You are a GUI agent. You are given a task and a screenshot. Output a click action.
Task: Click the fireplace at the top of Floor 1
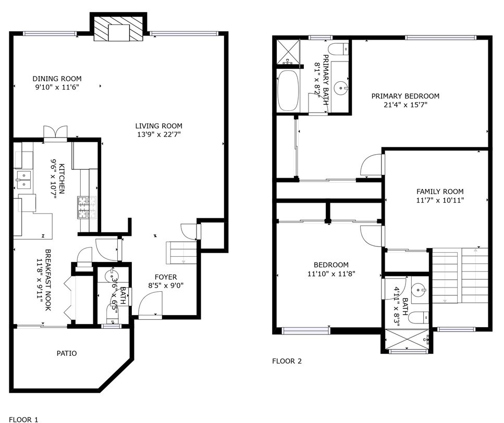tap(118, 28)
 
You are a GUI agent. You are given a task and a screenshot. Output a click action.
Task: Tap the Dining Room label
tap(57, 79)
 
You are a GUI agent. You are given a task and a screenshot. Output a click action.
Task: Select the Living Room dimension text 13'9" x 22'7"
tap(159, 134)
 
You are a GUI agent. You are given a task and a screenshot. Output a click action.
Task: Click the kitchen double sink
tap(23, 180)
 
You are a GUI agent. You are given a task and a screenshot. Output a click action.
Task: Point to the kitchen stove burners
tap(87, 207)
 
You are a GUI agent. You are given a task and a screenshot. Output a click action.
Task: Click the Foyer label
tap(166, 277)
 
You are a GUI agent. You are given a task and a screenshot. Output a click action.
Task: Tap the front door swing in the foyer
tap(151, 305)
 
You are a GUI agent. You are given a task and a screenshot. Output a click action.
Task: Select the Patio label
tap(67, 353)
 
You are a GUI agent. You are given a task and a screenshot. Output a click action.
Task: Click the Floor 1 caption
tap(23, 419)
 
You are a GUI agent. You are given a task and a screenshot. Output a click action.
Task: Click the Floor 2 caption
tap(287, 361)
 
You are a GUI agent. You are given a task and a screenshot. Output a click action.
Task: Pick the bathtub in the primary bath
tap(288, 90)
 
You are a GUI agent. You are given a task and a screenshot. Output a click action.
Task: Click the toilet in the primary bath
tap(339, 48)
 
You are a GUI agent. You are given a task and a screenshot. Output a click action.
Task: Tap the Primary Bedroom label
tap(405, 96)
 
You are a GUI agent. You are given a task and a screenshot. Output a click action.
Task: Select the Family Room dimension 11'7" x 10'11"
tap(440, 201)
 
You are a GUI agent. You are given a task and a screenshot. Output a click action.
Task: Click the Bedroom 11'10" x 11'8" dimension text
tap(331, 274)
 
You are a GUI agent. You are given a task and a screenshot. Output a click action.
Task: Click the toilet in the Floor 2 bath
tap(419, 318)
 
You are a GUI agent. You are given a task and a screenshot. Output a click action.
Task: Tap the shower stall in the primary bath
tap(288, 52)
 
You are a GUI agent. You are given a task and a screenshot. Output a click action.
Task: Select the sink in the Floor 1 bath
tap(112, 276)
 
